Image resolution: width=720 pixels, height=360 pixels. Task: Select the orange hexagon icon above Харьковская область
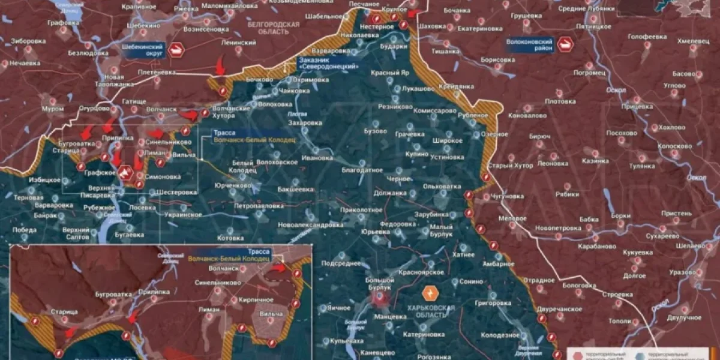pos(430,293)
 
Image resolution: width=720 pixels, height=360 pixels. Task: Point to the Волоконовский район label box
pos(530,45)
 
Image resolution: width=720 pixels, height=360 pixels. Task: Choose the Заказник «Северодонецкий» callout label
pos(328,64)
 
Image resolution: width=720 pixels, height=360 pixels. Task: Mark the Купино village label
pos(416,154)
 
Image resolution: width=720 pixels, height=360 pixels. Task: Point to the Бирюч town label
pos(539,137)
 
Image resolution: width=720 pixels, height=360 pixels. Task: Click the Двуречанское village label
pos(560,309)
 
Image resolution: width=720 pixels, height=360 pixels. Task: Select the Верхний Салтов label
pos(76,234)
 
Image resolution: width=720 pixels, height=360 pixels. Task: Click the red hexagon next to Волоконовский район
pos(565,44)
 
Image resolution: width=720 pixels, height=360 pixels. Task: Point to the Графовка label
pos(64,23)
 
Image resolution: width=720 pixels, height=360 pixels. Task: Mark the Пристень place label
pos(676,213)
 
